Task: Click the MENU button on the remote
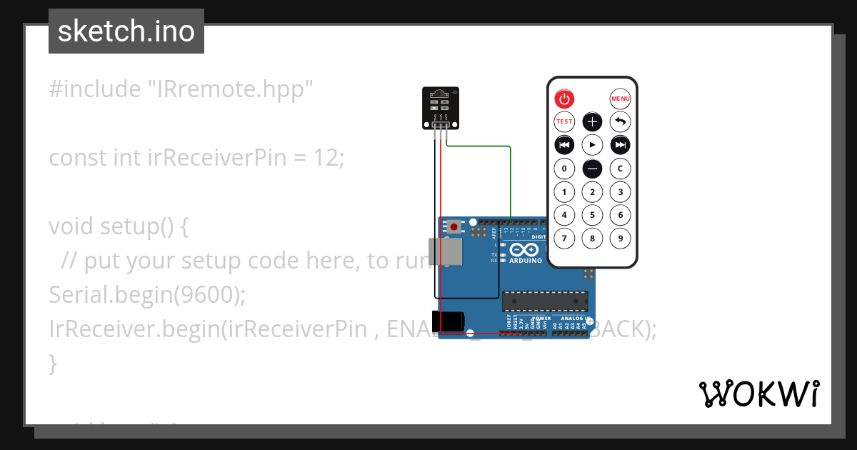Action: click(x=620, y=99)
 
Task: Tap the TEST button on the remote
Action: click(x=564, y=121)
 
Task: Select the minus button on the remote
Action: click(x=592, y=169)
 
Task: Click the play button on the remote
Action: click(x=592, y=145)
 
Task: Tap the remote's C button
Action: click(x=620, y=169)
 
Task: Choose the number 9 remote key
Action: click(x=620, y=239)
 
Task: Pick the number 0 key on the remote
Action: click(x=564, y=169)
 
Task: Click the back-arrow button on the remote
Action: click(x=620, y=121)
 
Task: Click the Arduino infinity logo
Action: click(x=525, y=250)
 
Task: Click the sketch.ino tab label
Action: click(x=126, y=31)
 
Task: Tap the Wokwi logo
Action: click(x=758, y=394)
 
